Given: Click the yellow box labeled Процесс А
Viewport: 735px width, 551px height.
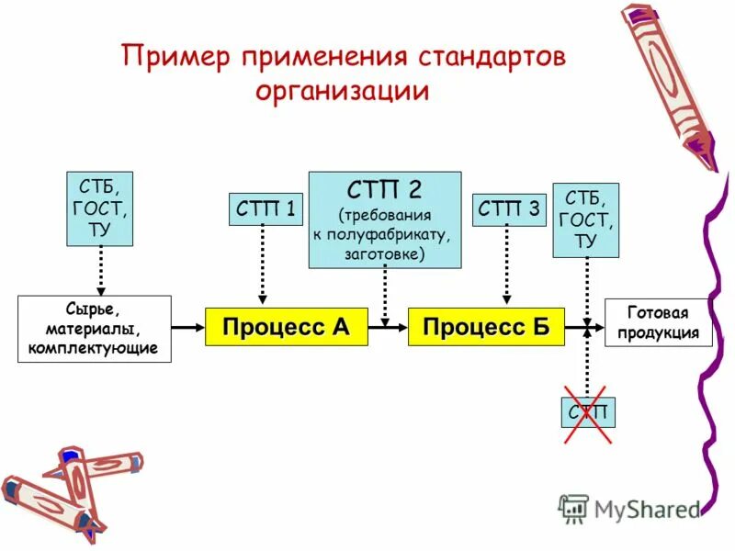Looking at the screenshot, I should pos(286,327).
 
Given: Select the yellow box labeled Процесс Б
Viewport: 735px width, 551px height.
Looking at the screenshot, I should pos(486,327).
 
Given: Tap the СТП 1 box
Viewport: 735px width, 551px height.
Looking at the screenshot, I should pos(265,210).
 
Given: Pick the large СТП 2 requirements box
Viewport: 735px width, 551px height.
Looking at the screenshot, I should pos(385,219).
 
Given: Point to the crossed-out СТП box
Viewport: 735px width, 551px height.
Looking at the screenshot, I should pos(588,412).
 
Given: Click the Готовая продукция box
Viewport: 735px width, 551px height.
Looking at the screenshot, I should pos(658,322).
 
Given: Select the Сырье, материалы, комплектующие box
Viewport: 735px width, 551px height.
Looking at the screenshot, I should pos(95,328).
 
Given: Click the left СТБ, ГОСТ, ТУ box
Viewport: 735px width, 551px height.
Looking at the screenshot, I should pos(99,208).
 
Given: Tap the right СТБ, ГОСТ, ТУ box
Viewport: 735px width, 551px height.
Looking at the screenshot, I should pos(585,220).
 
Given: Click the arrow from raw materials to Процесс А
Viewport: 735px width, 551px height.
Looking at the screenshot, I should pos(187,327).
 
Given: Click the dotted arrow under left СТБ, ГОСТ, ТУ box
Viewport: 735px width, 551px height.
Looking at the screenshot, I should pos(99,269).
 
